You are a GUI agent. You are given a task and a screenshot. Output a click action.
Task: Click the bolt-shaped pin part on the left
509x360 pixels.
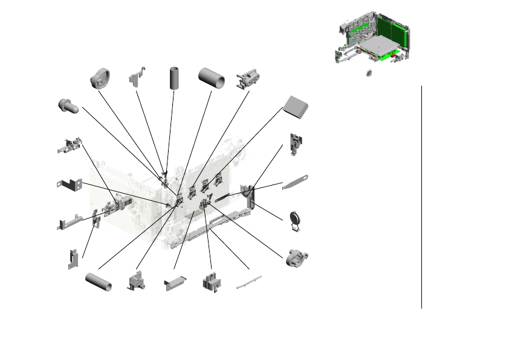point(68,106)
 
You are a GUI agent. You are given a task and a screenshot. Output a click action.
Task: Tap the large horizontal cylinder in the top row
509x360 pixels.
point(212,78)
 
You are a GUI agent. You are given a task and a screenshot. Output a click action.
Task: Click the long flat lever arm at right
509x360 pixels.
point(296,182)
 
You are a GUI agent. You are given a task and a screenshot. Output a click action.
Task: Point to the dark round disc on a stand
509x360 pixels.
point(296,220)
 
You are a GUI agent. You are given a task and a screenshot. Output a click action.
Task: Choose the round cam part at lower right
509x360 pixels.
point(296,257)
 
